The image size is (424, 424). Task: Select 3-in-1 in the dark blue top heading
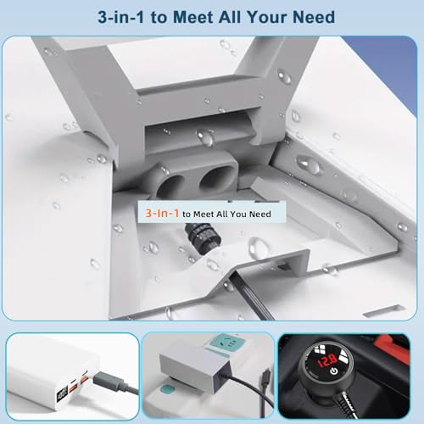click(x=121, y=17)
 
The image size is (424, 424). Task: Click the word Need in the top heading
click(x=314, y=17)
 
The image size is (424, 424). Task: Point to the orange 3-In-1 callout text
click(x=162, y=213)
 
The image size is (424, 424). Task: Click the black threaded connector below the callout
click(x=203, y=237)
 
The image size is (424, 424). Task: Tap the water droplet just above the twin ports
click(x=205, y=137)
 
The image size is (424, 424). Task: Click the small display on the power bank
click(x=63, y=393)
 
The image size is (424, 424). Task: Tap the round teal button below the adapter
click(x=166, y=389)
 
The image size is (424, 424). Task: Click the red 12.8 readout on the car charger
click(x=327, y=360)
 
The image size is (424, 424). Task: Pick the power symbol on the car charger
click(x=334, y=371)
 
